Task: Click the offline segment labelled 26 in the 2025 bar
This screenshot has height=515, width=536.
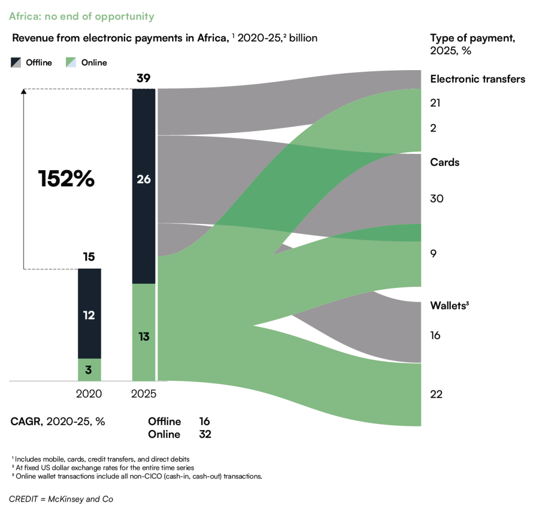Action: pyautogui.click(x=143, y=186)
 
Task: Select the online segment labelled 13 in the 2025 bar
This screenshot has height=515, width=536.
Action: pyautogui.click(x=143, y=332)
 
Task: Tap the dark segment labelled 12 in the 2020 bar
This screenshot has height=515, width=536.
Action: pyautogui.click(x=90, y=314)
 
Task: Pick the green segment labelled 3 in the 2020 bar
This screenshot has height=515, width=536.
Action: pyautogui.click(x=90, y=370)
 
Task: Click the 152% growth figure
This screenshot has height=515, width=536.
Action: pyautogui.click(x=66, y=178)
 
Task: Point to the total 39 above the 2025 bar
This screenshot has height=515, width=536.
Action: pyautogui.click(x=143, y=79)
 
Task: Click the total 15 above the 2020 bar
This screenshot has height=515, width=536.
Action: pyautogui.click(x=89, y=256)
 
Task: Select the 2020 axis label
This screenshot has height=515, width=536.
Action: pyautogui.click(x=89, y=394)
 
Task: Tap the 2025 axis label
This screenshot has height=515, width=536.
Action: pyautogui.click(x=143, y=394)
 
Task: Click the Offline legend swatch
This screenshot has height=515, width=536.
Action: pyautogui.click(x=16, y=62)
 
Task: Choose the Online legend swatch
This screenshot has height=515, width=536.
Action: pyautogui.click(x=71, y=62)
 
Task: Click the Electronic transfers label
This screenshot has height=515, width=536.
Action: pyautogui.click(x=477, y=79)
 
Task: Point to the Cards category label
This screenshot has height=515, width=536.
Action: pyautogui.click(x=445, y=162)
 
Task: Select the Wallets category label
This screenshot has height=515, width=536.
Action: pyautogui.click(x=450, y=306)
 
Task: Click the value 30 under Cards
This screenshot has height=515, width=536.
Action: pyautogui.click(x=437, y=198)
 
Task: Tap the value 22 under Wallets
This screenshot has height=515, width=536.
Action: pyautogui.click(x=436, y=395)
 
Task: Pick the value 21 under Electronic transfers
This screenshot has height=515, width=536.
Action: pyautogui.click(x=435, y=103)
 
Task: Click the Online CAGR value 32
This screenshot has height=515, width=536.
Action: pyautogui.click(x=205, y=434)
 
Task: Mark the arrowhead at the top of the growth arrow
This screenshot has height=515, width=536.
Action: pyautogui.click(x=24, y=91)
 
